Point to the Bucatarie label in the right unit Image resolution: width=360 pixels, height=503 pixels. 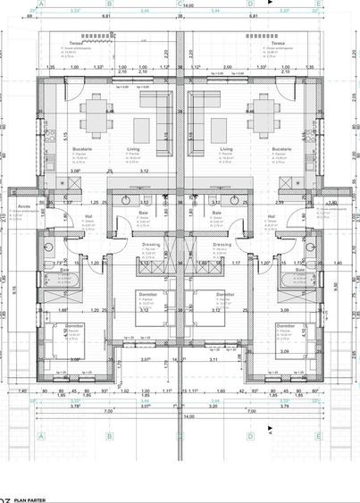[281, 149]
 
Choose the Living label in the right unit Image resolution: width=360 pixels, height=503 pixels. [226, 149]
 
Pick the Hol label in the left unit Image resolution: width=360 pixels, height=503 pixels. [89, 215]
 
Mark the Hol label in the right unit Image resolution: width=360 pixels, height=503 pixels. [272, 215]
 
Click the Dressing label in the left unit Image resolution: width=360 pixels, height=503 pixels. [150, 243]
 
